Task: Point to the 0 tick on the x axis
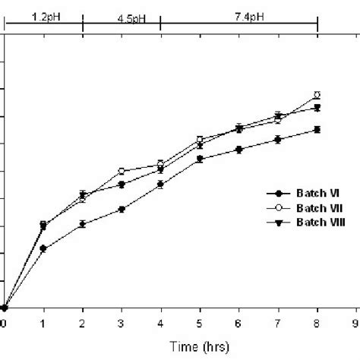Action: coord(4,324)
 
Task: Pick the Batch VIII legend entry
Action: coord(296,220)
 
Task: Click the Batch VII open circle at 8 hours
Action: coord(317,95)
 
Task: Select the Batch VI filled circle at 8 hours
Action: coord(317,130)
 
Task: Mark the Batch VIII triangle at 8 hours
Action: coord(317,108)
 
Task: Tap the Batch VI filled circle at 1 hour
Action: coord(43,248)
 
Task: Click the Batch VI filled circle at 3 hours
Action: coord(122,209)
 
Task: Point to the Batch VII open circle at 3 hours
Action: coord(122,172)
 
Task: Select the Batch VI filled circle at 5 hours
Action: coord(200,159)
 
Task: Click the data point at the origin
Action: coord(4,308)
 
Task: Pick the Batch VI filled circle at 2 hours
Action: coord(82,224)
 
